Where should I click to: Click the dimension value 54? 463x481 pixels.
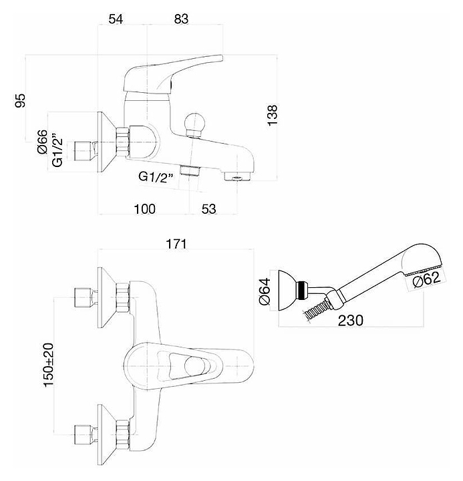click(116, 19)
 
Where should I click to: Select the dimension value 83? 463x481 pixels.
click(180, 19)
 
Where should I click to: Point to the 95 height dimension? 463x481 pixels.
click(21, 100)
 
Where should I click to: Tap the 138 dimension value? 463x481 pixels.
click(272, 115)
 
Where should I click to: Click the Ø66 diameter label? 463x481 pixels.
click(41, 142)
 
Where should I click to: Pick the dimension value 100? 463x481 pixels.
click(144, 209)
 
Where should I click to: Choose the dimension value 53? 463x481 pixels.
click(208, 209)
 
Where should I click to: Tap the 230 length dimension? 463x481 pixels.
click(350, 321)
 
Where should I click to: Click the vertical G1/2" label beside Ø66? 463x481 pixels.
click(59, 150)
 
